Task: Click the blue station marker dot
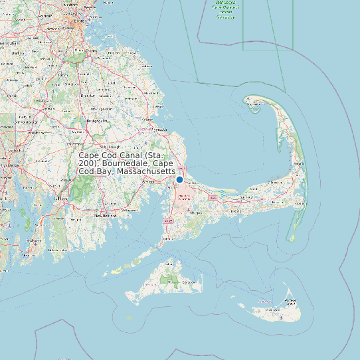(x=179, y=179)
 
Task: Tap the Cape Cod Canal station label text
(x=126, y=163)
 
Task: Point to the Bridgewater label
(x=97, y=122)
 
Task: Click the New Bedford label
(x=106, y=216)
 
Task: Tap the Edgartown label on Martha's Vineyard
(x=192, y=282)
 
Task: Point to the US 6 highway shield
(x=213, y=198)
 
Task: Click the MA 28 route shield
(x=169, y=221)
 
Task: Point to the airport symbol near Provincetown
(x=248, y=102)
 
